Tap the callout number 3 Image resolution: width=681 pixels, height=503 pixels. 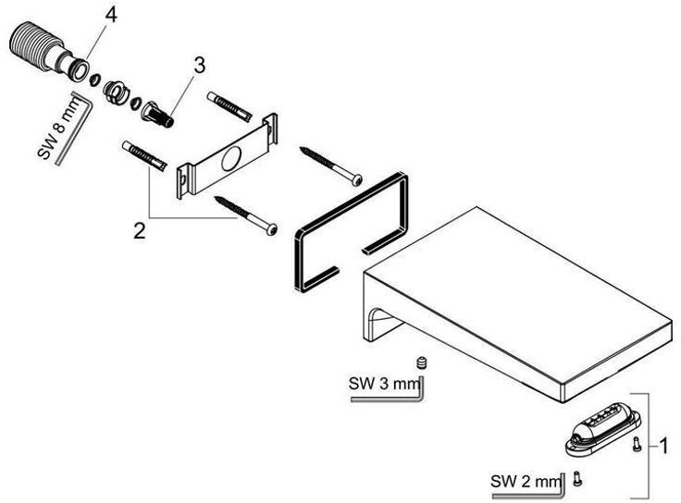coord(198,66)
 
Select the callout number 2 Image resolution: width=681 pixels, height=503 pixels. coord(139,230)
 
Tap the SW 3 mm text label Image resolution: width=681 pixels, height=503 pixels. coord(375,383)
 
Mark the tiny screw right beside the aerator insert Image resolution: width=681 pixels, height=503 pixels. coord(637,446)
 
